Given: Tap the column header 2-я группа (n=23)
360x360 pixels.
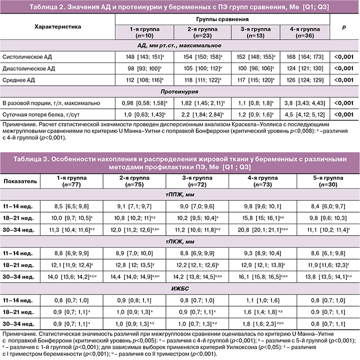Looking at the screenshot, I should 202,32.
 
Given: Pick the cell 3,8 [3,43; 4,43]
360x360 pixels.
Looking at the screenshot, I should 304,103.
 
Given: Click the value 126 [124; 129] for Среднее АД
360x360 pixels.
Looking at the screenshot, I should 304,79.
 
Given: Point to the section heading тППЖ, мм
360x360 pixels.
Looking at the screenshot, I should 179,192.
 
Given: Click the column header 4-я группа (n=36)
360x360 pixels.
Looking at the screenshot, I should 304,32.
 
